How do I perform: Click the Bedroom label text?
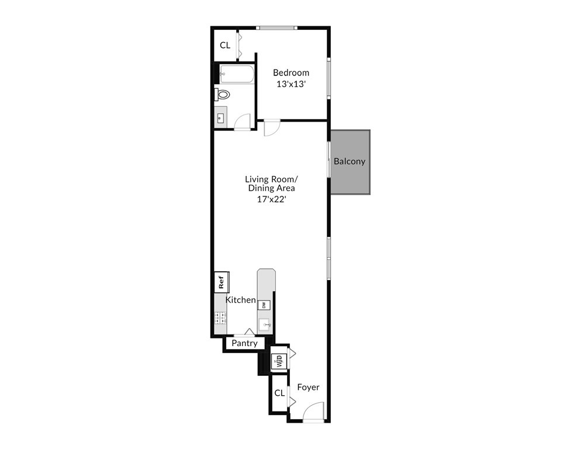tap(291, 72)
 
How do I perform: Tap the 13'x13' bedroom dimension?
tap(291, 84)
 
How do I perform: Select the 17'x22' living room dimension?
tap(269, 199)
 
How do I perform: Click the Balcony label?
tap(350, 161)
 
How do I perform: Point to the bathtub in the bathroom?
tap(237, 74)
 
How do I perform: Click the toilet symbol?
tap(223, 94)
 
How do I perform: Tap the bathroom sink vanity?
tap(220, 118)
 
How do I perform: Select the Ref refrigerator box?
tap(222, 282)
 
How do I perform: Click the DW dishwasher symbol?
tap(264, 305)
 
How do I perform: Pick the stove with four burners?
tap(221, 318)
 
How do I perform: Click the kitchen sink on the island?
tap(265, 324)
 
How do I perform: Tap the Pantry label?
tap(244, 344)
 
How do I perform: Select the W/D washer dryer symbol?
tap(279, 361)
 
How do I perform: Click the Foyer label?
tap(308, 387)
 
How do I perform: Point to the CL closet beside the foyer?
tap(279, 393)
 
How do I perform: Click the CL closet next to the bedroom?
tap(225, 45)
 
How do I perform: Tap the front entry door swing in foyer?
tap(314, 412)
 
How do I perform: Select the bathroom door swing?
tap(242, 122)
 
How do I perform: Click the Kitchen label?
tap(241, 300)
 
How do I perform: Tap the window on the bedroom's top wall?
tap(278, 27)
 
